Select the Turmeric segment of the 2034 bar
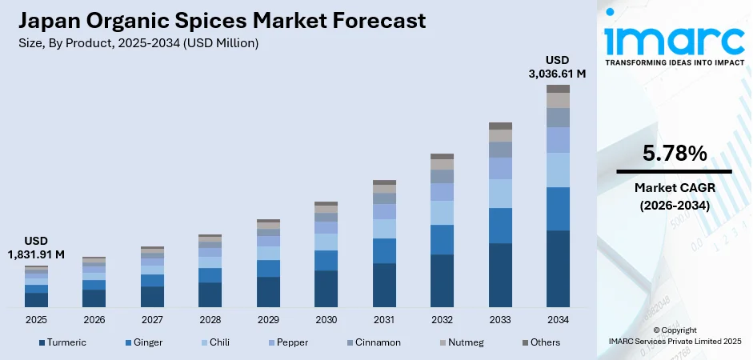click(558, 268)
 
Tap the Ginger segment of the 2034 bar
click(558, 209)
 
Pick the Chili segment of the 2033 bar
click(500, 193)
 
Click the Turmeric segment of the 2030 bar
click(326, 288)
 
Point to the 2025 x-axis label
click(36, 319)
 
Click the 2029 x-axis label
click(268, 319)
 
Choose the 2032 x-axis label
click(442, 319)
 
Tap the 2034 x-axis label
click(558, 319)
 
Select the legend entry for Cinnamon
click(374, 342)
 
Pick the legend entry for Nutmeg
click(463, 342)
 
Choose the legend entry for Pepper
click(291, 342)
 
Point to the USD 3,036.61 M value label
click(558, 67)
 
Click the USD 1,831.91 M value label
click(36, 248)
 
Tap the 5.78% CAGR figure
click(674, 153)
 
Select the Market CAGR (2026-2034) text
click(674, 196)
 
